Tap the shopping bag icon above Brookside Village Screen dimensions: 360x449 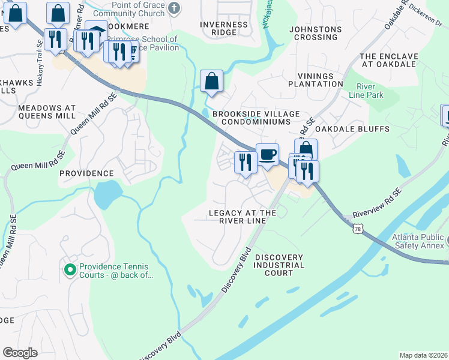point(211,81)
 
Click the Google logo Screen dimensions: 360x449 point(20,353)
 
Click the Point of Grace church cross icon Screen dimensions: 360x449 point(173,8)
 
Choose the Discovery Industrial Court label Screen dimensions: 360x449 point(279,265)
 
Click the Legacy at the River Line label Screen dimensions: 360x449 point(242,217)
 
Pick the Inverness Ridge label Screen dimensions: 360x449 point(223,29)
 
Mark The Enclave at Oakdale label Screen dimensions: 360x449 point(388,61)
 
